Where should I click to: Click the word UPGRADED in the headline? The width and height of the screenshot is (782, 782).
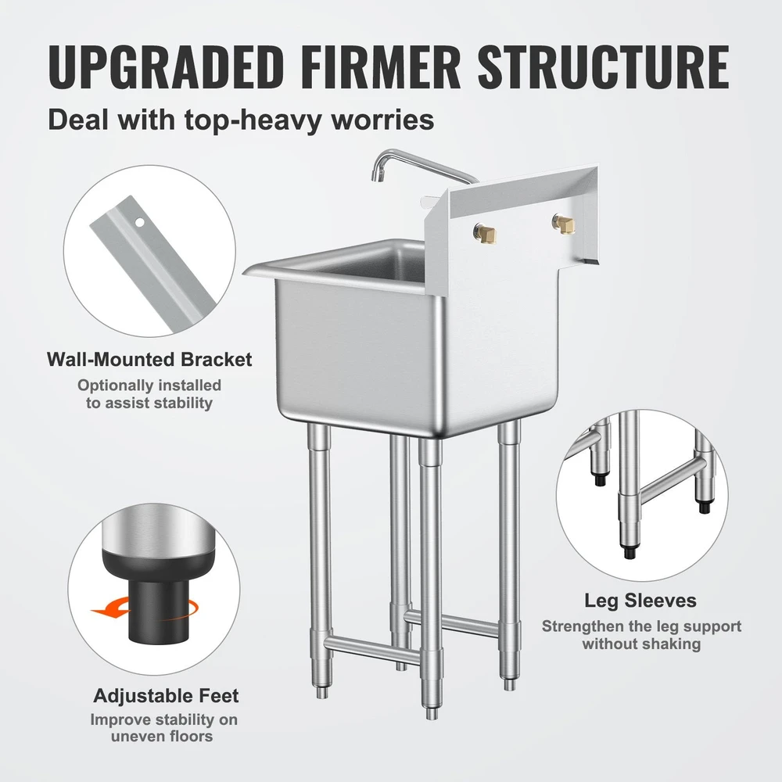[x=166, y=66]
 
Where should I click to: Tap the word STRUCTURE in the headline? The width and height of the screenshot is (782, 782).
[x=604, y=66]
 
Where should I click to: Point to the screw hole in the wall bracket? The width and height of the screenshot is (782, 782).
[x=140, y=221]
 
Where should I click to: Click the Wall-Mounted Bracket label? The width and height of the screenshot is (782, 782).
[x=149, y=360]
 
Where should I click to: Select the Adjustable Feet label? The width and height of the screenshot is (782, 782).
[x=166, y=695]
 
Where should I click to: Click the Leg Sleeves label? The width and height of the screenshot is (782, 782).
[x=640, y=601]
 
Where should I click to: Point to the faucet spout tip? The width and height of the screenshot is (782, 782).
[x=374, y=176]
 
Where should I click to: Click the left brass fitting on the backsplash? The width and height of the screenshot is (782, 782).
[x=486, y=231]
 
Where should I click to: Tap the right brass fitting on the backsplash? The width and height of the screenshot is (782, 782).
[x=564, y=224]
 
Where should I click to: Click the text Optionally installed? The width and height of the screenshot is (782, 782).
[x=149, y=386]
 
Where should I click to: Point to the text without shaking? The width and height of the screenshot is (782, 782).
[x=641, y=644]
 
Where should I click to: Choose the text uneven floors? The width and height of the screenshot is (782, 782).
[x=162, y=736]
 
